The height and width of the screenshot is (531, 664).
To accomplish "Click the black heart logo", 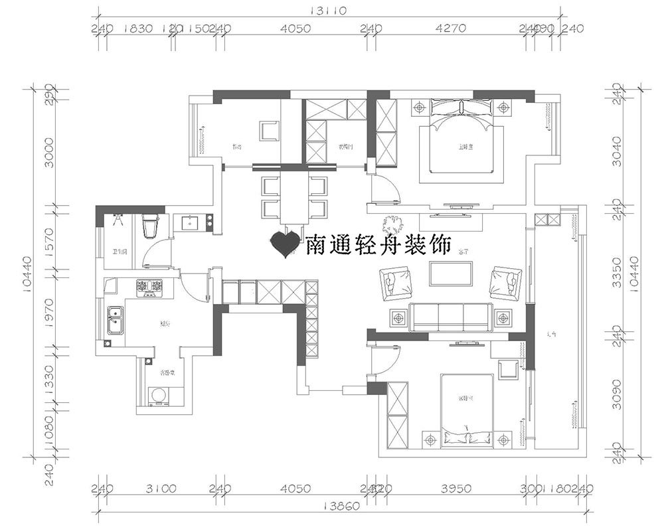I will coord(287,244).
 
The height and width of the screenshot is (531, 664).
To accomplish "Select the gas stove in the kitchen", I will coord(149,287).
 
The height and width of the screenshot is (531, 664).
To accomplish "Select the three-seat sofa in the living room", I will coord(450,317).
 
